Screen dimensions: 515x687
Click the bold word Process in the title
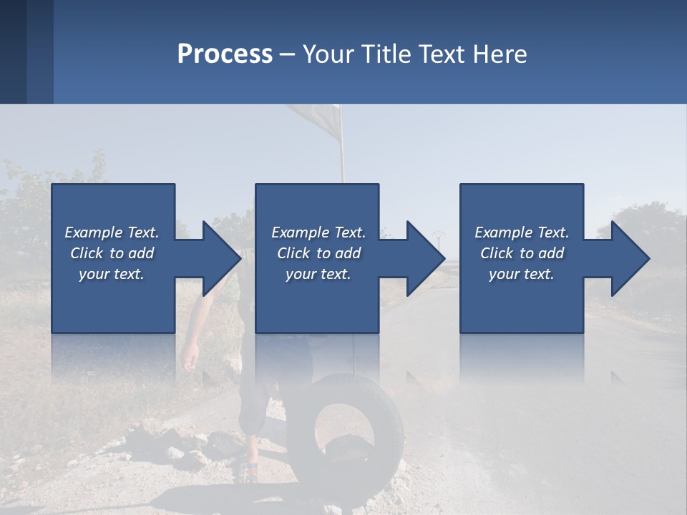pyautogui.click(x=225, y=54)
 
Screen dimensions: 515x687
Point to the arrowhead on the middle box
pyautogui.click(x=424, y=258)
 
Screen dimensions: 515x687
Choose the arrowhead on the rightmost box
pyautogui.click(x=629, y=258)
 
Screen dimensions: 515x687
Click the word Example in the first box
pyautogui.click(x=93, y=232)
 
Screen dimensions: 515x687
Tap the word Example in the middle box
pyautogui.click(x=300, y=232)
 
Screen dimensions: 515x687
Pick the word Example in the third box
pyautogui.click(x=503, y=232)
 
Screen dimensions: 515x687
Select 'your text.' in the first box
pyautogui.click(x=112, y=274)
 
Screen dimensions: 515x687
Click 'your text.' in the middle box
pyautogui.click(x=318, y=274)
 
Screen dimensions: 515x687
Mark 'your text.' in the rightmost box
pyautogui.click(x=522, y=274)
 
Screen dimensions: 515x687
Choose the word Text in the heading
pyautogui.click(x=438, y=54)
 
